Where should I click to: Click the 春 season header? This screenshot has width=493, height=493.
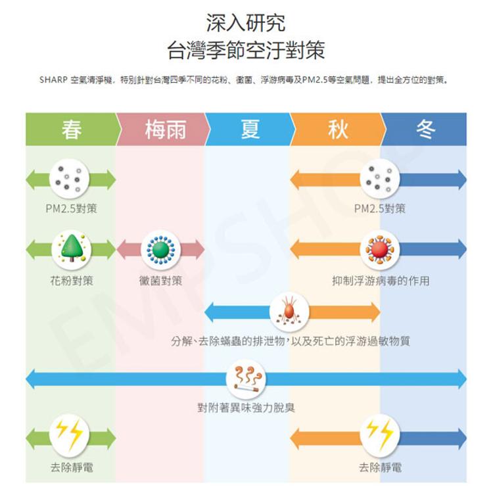(x=71, y=129)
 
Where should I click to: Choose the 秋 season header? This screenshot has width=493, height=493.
(x=337, y=129)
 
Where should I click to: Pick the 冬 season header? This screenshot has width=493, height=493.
(x=425, y=129)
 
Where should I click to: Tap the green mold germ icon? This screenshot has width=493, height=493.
(x=160, y=248)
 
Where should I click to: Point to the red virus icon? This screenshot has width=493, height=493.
(x=379, y=248)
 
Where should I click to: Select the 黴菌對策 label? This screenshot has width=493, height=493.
(x=161, y=281)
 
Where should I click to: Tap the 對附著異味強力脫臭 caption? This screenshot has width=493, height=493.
(x=246, y=408)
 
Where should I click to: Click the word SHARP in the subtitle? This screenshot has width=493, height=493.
(x=53, y=80)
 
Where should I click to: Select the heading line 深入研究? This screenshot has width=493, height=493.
(x=246, y=23)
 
